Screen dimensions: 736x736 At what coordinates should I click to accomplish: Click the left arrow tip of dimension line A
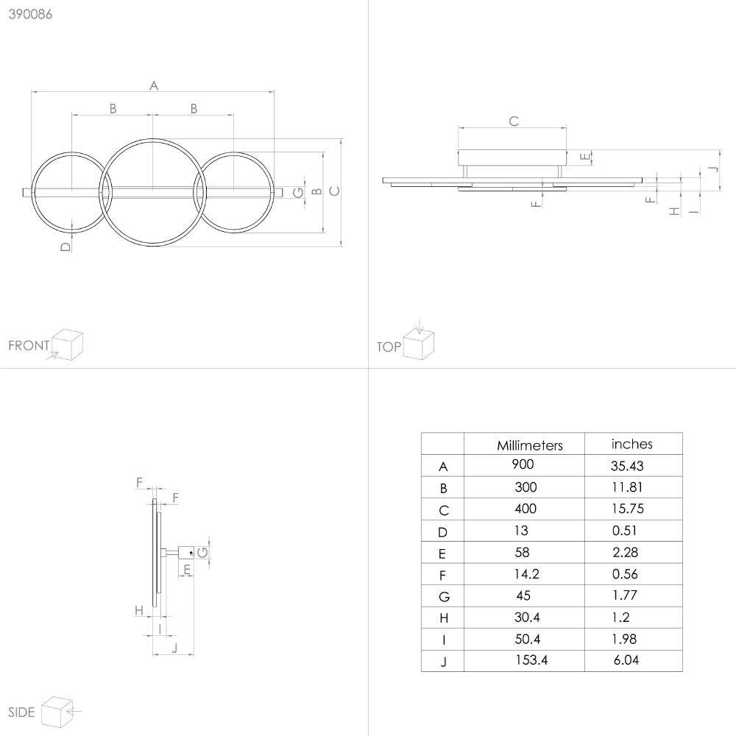(32, 91)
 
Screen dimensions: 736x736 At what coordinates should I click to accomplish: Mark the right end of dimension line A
(274, 91)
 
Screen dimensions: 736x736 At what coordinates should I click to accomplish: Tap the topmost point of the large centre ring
(152, 138)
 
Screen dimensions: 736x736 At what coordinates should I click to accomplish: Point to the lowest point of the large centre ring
(152, 246)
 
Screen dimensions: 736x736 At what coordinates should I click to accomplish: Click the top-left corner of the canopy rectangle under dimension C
(459, 150)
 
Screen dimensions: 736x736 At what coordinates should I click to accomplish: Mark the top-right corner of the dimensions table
(682, 433)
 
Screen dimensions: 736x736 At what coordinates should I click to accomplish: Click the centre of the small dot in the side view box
(191, 553)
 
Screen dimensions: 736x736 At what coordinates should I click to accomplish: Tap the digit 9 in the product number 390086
(20, 14)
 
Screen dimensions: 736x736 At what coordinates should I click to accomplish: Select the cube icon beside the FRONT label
(67, 344)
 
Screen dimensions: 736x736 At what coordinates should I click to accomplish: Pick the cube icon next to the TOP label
(419, 344)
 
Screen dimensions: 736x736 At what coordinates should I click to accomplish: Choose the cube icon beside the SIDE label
(57, 712)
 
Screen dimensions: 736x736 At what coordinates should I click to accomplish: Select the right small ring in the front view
(234, 192)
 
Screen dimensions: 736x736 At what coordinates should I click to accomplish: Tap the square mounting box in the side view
(186, 553)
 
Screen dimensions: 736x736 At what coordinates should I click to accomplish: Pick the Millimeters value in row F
(527, 573)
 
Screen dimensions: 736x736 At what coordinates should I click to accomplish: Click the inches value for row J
(626, 660)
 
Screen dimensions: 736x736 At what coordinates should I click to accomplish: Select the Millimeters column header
(530, 445)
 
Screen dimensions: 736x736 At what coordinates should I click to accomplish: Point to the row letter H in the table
(444, 618)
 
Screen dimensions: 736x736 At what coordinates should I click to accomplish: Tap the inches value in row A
(627, 466)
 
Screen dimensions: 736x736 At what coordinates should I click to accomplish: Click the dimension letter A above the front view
(154, 86)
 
